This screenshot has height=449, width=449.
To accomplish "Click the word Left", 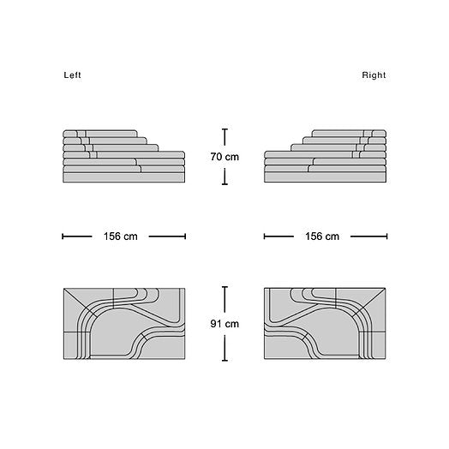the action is tap(72, 75).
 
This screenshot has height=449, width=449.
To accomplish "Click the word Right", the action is tap(374, 75).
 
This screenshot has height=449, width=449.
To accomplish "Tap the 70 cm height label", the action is tap(224, 157).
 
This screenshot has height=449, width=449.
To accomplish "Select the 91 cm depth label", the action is tap(224, 324).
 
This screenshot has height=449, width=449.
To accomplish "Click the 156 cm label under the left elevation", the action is tap(120, 236).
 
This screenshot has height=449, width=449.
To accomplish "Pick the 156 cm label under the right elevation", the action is tap(322, 236).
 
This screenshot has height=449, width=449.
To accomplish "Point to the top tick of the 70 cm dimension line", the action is tap(224, 129).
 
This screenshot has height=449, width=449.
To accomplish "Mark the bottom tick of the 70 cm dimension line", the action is tap(224, 184).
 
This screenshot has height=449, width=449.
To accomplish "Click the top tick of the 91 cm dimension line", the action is tap(224, 287).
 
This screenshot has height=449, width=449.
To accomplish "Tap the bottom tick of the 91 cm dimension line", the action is tap(224, 360).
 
